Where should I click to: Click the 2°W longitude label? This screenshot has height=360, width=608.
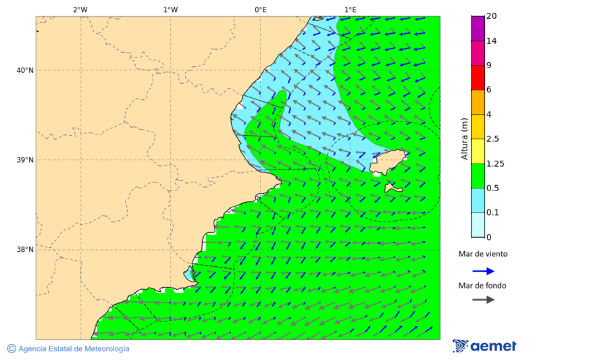(x=80, y=9)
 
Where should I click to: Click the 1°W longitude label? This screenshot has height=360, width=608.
(x=170, y=9)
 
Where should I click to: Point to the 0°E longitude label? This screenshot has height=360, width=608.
(x=260, y=9)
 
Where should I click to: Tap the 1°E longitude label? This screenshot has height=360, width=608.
(x=350, y=9)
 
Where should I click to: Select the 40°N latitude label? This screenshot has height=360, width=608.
(x=24, y=70)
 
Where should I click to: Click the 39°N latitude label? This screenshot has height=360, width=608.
(x=24, y=160)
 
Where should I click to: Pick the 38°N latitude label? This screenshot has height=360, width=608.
(x=24, y=250)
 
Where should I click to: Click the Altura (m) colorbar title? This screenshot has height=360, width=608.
(x=464, y=138)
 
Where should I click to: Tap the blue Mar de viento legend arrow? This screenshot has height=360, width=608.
(x=483, y=271)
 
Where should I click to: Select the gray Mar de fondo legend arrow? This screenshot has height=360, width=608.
(x=483, y=300)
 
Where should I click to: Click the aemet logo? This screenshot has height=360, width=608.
(x=484, y=346)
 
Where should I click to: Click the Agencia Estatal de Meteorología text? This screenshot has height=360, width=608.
(x=68, y=349)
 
